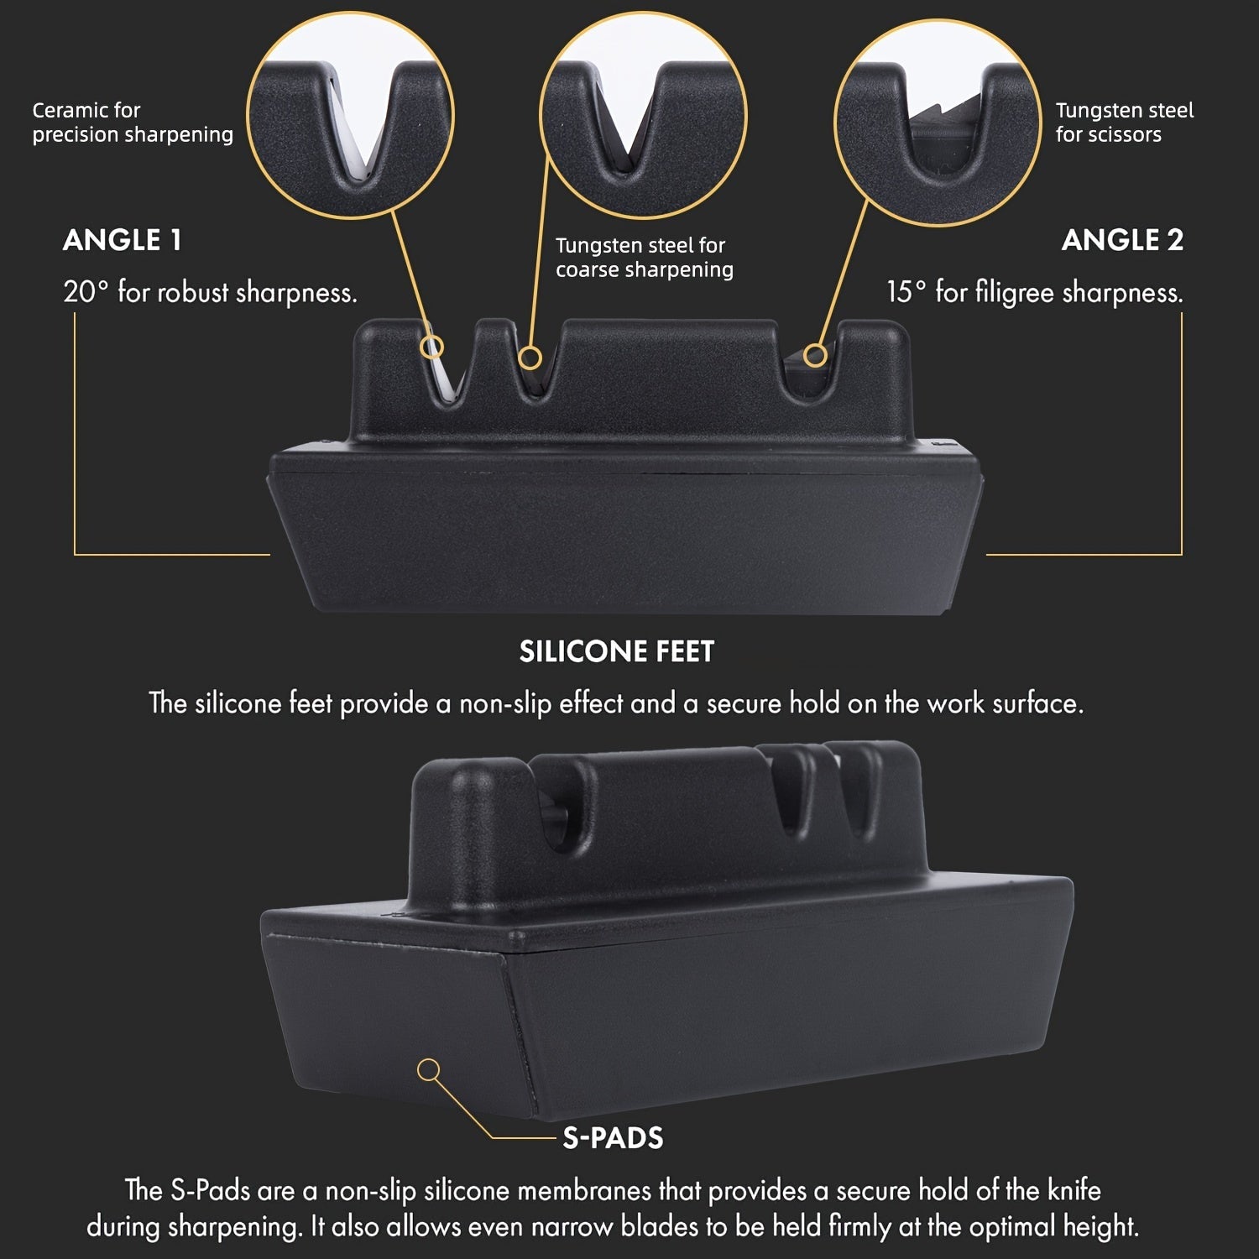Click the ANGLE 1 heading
(x=122, y=241)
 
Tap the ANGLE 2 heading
(x=1122, y=241)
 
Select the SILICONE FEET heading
(x=617, y=652)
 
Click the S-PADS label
(x=613, y=1138)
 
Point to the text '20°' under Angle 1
(x=86, y=292)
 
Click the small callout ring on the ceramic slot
(x=432, y=347)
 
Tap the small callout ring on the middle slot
(x=530, y=358)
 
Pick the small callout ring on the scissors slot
(x=813, y=356)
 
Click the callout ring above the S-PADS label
(x=429, y=1069)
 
